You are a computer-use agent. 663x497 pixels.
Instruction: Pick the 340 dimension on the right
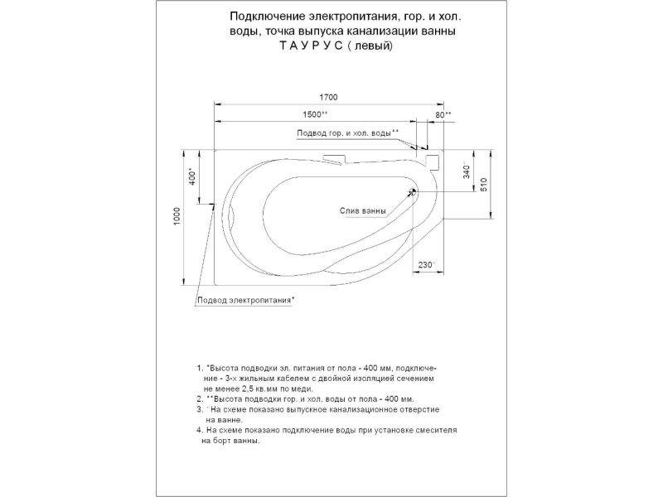467,171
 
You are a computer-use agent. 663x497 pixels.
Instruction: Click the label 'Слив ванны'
363,211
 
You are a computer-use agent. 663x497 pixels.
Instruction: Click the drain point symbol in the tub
413,193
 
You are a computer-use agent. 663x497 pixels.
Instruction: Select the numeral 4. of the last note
200,431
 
